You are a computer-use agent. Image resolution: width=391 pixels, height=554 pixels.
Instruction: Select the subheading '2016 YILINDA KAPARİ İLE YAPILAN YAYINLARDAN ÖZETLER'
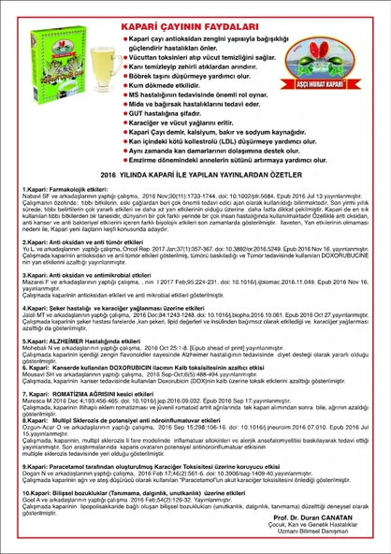[195, 174]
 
